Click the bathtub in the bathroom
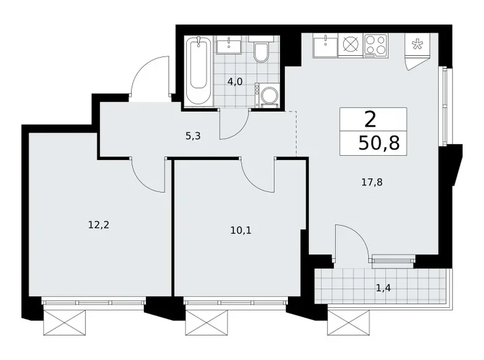click(x=199, y=72)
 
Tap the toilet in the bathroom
click(x=261, y=53)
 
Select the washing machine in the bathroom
click(x=268, y=97)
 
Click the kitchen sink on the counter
click(x=325, y=45)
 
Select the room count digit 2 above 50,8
click(x=370, y=119)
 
